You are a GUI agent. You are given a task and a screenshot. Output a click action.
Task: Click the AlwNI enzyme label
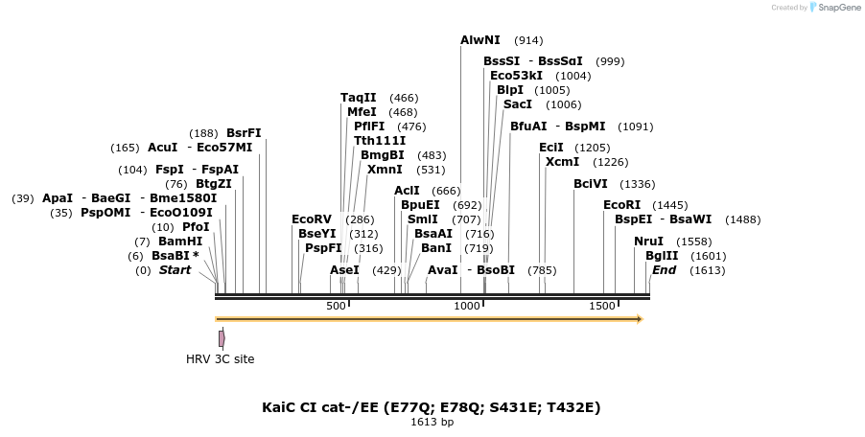480,40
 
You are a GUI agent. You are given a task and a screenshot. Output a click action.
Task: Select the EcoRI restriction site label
621,205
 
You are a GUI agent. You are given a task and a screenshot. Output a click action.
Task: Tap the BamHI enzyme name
180,241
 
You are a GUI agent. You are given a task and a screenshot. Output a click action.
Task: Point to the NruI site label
648,241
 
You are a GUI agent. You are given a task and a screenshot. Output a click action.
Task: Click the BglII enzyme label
662,256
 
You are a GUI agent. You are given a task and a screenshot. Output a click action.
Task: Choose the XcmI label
562,162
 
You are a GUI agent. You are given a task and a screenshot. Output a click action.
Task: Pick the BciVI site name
591,184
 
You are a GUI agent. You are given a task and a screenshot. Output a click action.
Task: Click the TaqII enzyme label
359,98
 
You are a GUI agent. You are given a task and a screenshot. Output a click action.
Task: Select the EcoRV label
312,219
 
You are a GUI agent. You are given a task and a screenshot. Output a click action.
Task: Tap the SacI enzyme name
518,104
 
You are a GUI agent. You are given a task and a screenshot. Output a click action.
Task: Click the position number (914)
528,40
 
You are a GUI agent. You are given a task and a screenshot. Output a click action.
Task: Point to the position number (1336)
638,184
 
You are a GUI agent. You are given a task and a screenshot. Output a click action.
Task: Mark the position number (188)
203,133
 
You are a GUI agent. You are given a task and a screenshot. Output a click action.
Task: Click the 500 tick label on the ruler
336,306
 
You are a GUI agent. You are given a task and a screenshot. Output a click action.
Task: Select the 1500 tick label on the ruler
602,306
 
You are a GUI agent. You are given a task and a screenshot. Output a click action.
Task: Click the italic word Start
175,270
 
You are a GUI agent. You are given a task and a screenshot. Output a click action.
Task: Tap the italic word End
664,270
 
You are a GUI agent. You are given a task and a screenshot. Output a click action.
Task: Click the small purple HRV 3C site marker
222,338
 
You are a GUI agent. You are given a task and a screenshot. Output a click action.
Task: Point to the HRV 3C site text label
221,359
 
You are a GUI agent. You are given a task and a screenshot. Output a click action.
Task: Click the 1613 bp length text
432,422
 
